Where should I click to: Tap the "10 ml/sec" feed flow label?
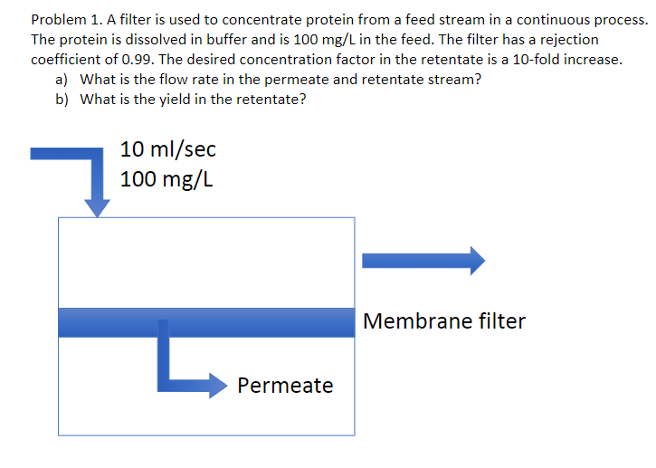[x=168, y=148]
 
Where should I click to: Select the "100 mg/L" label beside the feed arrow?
[x=167, y=178]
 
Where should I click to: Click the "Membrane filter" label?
[x=443, y=320]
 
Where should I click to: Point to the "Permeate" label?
[x=285, y=386]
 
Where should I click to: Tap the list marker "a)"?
[x=62, y=80]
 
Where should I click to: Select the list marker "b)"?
[x=62, y=100]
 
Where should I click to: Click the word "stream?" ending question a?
[x=454, y=80]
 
